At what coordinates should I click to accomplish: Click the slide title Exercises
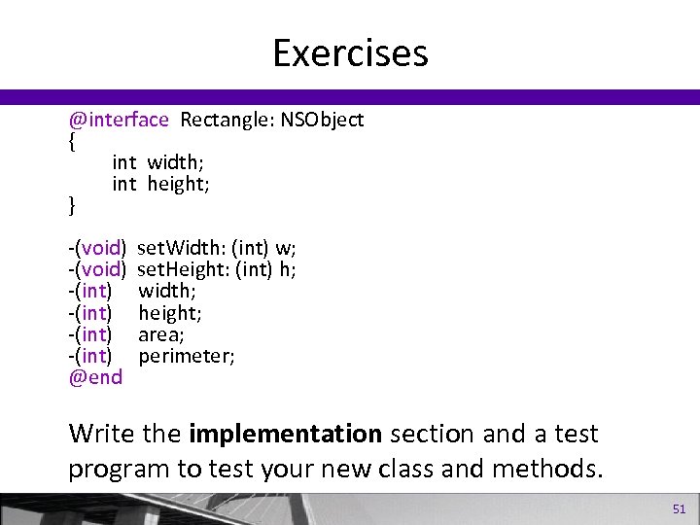(x=350, y=52)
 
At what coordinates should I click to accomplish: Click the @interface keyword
(x=119, y=120)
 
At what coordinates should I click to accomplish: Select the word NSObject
(x=323, y=120)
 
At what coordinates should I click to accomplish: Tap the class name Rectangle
(x=224, y=120)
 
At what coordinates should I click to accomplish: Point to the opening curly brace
(x=72, y=141)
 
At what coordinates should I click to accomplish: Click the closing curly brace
(x=72, y=205)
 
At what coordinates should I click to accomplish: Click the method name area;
(x=161, y=334)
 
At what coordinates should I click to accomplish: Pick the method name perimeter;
(x=186, y=356)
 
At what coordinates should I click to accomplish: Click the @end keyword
(x=95, y=377)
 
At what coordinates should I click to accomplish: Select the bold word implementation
(x=285, y=433)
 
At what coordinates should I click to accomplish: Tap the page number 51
(x=679, y=508)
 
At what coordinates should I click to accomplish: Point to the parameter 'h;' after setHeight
(x=288, y=269)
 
